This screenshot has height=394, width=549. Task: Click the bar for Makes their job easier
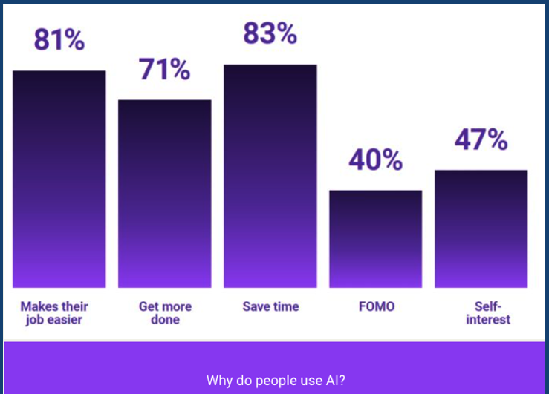pos(59,180)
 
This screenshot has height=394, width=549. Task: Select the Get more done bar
pos(165,194)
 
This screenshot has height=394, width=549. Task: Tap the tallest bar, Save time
pos(270,176)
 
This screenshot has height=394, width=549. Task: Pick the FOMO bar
pos(376,239)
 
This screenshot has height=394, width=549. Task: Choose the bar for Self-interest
pos(481,229)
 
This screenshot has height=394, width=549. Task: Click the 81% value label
pos(59,40)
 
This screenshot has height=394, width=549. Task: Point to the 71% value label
pos(165,69)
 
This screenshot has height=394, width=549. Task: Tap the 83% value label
pos(270,33)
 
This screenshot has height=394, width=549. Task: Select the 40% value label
pos(376,160)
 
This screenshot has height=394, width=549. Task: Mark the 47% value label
pos(481,139)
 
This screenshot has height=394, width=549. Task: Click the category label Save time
pos(270,306)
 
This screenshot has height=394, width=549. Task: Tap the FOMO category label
pos(377,306)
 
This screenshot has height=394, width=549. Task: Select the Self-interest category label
pos(488,313)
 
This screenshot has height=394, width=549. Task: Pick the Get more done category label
pos(165,313)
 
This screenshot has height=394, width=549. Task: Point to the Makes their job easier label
pos(54,313)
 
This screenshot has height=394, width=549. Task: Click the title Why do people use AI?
pos(276,381)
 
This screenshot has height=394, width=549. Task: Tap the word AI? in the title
pos(336,380)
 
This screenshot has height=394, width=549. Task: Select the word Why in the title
pos(220,381)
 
